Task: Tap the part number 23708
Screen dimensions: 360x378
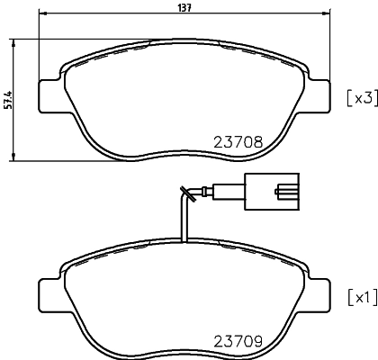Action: point(238,140)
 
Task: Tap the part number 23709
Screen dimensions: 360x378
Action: point(238,341)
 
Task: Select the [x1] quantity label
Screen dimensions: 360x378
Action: point(359,298)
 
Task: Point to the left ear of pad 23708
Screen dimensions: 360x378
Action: point(49,94)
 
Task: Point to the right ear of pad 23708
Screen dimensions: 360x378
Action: point(319,94)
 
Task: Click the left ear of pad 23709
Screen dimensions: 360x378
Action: point(49,292)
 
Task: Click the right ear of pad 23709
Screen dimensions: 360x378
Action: point(319,292)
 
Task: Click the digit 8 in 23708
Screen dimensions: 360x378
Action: point(257,140)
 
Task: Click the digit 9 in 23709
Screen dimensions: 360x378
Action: point(257,341)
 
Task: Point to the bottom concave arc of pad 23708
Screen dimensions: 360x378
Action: point(185,152)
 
